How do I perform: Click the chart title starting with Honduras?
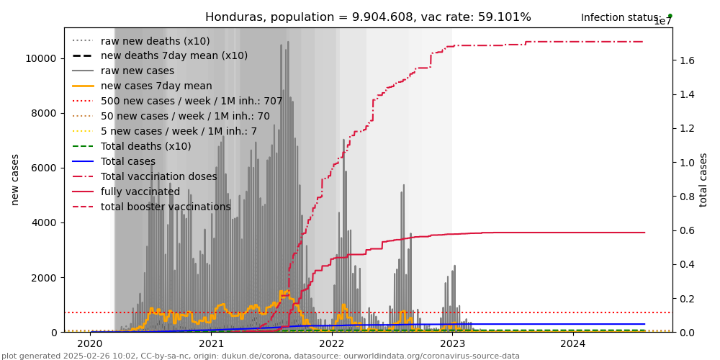pyautogui.click(x=368, y=17)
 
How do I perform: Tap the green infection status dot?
pyautogui.click(x=670, y=16)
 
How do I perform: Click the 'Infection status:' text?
pyautogui.click(x=621, y=17)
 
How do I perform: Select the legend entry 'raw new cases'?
pyautogui.click(x=137, y=71)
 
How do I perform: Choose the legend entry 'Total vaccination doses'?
pyautogui.click(x=158, y=177)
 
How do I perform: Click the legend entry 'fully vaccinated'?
pyautogui.click(x=140, y=192)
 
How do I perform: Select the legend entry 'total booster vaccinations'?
pyautogui.click(x=166, y=207)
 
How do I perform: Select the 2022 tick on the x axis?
pyautogui.click(x=332, y=344)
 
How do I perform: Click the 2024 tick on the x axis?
pyautogui.click(x=573, y=344)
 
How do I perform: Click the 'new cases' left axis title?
pyautogui.click(x=15, y=180)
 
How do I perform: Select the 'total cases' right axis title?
pyautogui.click(x=704, y=180)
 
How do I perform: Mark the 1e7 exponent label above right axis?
pyautogui.click(x=662, y=22)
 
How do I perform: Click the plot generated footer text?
pyautogui.click(x=261, y=356)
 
